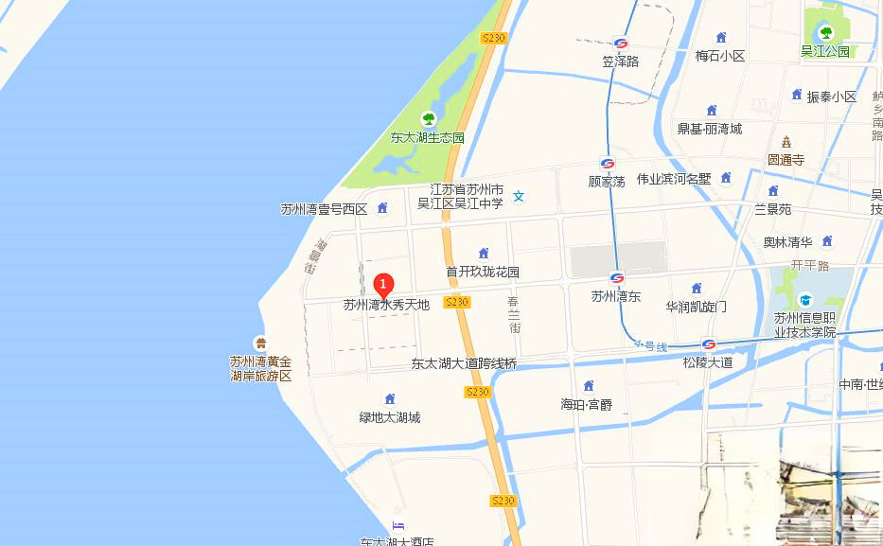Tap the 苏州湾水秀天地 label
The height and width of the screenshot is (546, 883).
[x=386, y=305]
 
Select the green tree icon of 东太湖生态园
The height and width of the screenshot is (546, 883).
[x=429, y=119]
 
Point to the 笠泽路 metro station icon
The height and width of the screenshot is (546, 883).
[x=621, y=44]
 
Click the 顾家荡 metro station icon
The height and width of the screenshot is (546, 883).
[x=607, y=163]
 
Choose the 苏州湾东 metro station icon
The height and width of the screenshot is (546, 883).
[x=617, y=278]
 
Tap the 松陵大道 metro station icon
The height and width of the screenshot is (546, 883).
[x=708, y=344]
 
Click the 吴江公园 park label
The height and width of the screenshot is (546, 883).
[x=825, y=51]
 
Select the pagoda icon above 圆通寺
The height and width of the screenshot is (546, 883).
[x=786, y=142]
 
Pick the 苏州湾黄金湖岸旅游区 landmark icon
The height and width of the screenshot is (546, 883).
[x=259, y=343]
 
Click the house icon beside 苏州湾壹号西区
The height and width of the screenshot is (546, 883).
[x=382, y=208]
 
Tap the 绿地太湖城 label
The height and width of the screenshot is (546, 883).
[x=389, y=417]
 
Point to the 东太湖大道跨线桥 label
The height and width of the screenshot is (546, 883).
[x=464, y=363]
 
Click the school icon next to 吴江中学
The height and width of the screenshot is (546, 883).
[x=519, y=196]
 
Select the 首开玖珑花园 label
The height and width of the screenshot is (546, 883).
[x=483, y=272]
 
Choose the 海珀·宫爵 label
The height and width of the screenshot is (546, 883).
[x=586, y=405]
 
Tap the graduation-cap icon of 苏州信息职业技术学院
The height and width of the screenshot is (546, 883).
[x=805, y=300]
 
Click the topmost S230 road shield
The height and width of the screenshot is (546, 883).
[x=494, y=38]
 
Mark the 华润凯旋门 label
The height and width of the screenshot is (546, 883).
[x=696, y=307]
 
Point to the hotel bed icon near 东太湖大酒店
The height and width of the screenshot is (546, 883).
[x=397, y=526]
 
